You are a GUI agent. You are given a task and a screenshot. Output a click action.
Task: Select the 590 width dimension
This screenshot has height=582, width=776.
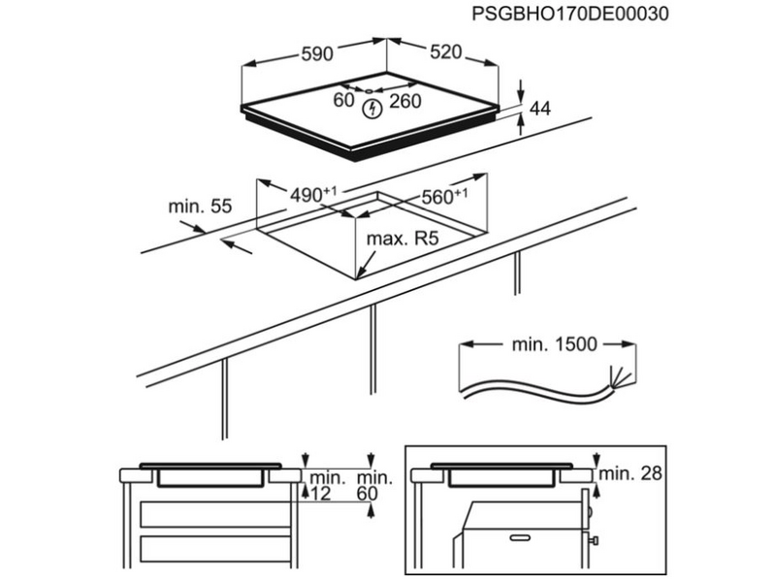point(316,56)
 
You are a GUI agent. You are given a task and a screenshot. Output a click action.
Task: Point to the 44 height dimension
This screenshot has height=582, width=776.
point(539,110)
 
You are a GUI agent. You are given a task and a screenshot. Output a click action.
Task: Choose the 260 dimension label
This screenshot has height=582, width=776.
point(405,100)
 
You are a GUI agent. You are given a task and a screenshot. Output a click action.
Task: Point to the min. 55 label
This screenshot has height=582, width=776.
point(200,206)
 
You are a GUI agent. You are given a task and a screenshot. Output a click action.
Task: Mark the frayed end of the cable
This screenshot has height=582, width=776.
point(613,376)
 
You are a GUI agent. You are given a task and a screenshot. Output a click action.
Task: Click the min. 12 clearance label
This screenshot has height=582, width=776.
point(326,485)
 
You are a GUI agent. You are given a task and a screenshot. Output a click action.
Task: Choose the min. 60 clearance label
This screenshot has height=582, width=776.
point(374,485)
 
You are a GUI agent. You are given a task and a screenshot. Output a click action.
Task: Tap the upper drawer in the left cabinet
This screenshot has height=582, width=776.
point(215,514)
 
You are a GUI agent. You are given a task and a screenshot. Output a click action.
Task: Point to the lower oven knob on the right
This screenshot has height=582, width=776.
point(593,539)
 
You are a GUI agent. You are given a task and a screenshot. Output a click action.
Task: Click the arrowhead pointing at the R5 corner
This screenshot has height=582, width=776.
point(359,275)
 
